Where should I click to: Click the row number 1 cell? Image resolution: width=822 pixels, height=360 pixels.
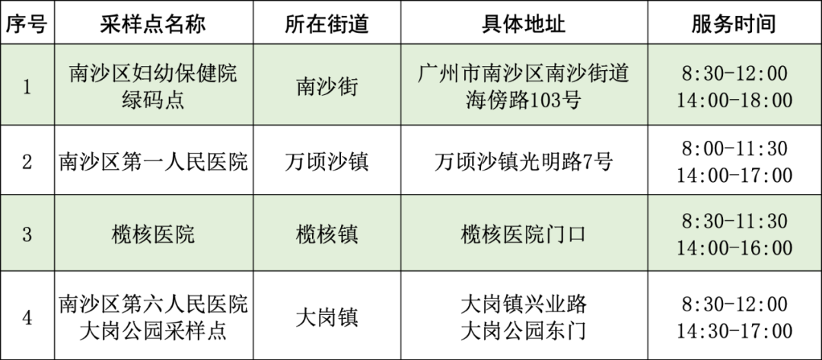pyautogui.click(x=27, y=87)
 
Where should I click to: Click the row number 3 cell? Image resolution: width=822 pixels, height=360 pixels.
pyautogui.click(x=27, y=234)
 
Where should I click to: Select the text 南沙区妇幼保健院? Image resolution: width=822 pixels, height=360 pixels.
pyautogui.click(x=153, y=74)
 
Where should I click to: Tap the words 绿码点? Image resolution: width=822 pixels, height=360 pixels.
pyautogui.click(x=153, y=100)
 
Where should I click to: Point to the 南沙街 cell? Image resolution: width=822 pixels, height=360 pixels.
pyautogui.click(x=327, y=87)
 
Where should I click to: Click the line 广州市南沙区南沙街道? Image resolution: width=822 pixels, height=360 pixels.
pyautogui.click(x=524, y=74)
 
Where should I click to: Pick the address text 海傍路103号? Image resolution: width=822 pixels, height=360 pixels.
pyautogui.click(x=524, y=100)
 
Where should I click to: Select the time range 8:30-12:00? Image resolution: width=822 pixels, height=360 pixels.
pyautogui.click(x=734, y=74)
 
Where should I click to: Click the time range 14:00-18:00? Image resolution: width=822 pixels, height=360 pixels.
pyautogui.click(x=734, y=100)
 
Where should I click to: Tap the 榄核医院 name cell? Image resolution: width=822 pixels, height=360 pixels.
pyautogui.click(x=153, y=234)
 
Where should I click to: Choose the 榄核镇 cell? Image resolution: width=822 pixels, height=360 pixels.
pyautogui.click(x=327, y=234)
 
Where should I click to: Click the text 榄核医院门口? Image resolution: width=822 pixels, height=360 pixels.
pyautogui.click(x=524, y=234)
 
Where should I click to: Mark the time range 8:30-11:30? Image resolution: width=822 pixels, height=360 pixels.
pyautogui.click(x=734, y=221)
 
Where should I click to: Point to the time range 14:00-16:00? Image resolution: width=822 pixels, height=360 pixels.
pyautogui.click(x=734, y=248)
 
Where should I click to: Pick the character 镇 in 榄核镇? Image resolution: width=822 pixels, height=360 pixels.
pyautogui.click(x=348, y=234)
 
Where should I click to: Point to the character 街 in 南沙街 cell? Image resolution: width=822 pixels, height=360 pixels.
pyautogui.click(x=348, y=87)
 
